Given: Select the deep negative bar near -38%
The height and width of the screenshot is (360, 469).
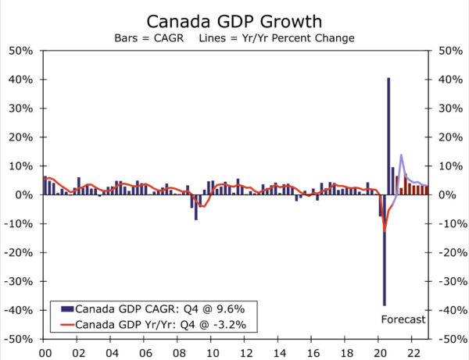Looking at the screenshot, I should point(384,250).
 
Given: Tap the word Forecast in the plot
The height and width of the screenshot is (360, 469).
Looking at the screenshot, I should point(403,319).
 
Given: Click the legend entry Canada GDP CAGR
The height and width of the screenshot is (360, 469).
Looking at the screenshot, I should point(136,308).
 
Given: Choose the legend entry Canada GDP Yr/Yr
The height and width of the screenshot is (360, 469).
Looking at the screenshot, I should point(138,323).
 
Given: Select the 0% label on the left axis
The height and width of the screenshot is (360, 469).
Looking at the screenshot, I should point(25,195).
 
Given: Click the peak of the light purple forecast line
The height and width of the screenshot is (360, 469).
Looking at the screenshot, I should point(401,155).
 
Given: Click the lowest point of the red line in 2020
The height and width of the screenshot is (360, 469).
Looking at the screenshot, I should point(385,231).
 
